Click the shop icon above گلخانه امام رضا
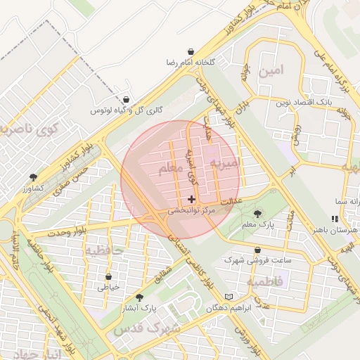click(x=191, y=52)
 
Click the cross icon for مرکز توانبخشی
click(x=192, y=200)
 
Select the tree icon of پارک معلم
click(x=257, y=213)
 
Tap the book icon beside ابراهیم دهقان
click(x=227, y=297)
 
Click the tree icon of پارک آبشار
click(x=139, y=297)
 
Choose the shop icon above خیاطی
click(x=108, y=276)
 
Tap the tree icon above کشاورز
click(x=33, y=178)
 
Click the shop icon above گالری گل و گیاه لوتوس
click(x=126, y=100)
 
